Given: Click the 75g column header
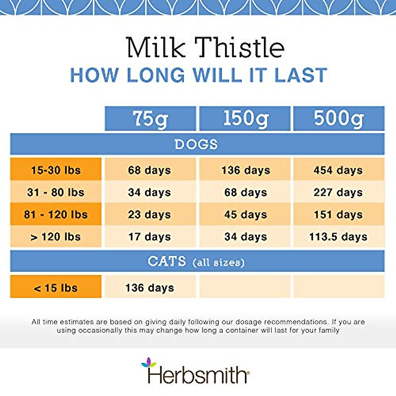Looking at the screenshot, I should tap(150, 118).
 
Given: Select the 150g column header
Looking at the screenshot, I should tap(245, 118).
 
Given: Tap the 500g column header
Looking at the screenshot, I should tap(339, 118).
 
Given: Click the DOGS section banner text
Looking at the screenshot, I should tap(196, 145).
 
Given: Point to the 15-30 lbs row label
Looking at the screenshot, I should tap(56, 170).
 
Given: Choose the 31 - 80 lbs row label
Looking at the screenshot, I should tap(56, 192).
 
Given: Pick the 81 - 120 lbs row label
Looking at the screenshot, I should tap(56, 214).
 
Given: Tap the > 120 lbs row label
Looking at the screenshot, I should tap(56, 237).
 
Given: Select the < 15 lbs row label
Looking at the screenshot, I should tap(56, 288).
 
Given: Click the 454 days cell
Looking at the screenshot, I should tap(338, 170).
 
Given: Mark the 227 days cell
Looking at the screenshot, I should tap(338, 192).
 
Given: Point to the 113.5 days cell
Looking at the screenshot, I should tap(338, 237).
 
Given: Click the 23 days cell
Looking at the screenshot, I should tap(150, 214).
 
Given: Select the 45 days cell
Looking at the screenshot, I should tap(246, 214).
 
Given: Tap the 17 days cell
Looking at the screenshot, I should tap(150, 237).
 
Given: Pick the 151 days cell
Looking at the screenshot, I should tap(338, 214).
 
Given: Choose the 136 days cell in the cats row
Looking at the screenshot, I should tap(150, 288).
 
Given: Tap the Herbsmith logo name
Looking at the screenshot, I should tap(197, 375).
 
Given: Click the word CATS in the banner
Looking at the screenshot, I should tap(167, 262).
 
